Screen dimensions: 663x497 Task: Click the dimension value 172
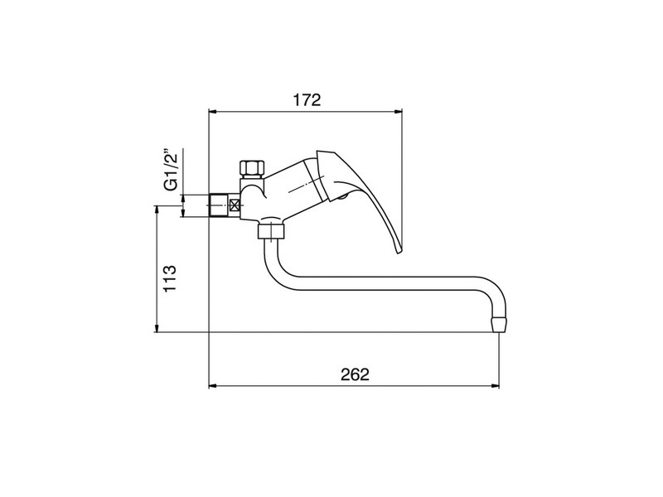(307, 100)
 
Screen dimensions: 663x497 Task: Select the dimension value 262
(356, 374)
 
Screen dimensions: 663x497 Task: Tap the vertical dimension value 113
(170, 278)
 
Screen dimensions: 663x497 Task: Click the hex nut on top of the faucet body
(251, 169)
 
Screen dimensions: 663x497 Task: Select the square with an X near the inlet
(234, 205)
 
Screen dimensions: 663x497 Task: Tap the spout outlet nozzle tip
(499, 325)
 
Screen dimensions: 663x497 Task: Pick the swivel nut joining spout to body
(272, 231)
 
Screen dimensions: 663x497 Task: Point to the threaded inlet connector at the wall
(219, 205)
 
